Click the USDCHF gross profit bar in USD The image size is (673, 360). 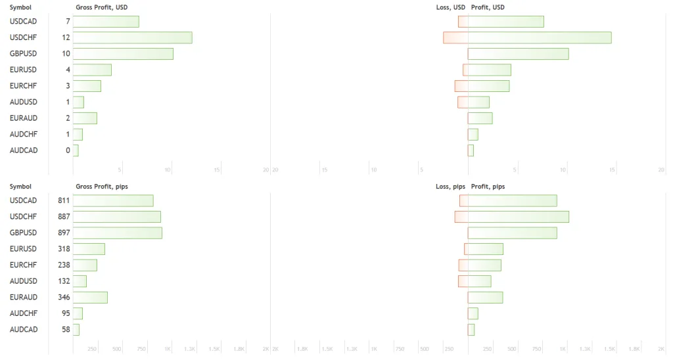pyautogui.click(x=132, y=37)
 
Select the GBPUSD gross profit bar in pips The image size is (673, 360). pyautogui.click(x=117, y=233)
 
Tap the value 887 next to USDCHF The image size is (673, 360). pyautogui.click(x=64, y=217)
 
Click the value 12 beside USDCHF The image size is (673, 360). pyautogui.click(x=66, y=37)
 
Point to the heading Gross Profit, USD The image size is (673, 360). pyautogui.click(x=101, y=7)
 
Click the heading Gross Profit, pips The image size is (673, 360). pyautogui.click(x=102, y=187)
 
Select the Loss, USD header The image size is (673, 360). pyautogui.click(x=450, y=7)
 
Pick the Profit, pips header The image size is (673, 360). pyautogui.click(x=488, y=187)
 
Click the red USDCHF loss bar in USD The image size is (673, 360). pyautogui.click(x=455, y=37)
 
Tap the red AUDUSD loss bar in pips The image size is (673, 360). pyautogui.click(x=463, y=281)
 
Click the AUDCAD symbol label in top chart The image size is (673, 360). pyautogui.click(x=24, y=150)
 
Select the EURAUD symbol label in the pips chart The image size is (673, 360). pyautogui.click(x=24, y=298)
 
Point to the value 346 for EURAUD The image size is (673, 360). pyautogui.click(x=64, y=298)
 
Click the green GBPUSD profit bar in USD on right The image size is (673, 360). pyautogui.click(x=518, y=54)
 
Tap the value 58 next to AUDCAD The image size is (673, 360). pyautogui.click(x=66, y=330)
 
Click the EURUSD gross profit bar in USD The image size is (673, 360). pyautogui.click(x=92, y=70)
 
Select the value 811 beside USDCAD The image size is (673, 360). pyautogui.click(x=64, y=200)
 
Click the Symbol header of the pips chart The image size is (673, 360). pyautogui.click(x=20, y=187)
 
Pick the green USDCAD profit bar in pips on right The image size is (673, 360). pyautogui.click(x=512, y=200)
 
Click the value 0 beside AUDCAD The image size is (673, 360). pyautogui.click(x=68, y=150)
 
